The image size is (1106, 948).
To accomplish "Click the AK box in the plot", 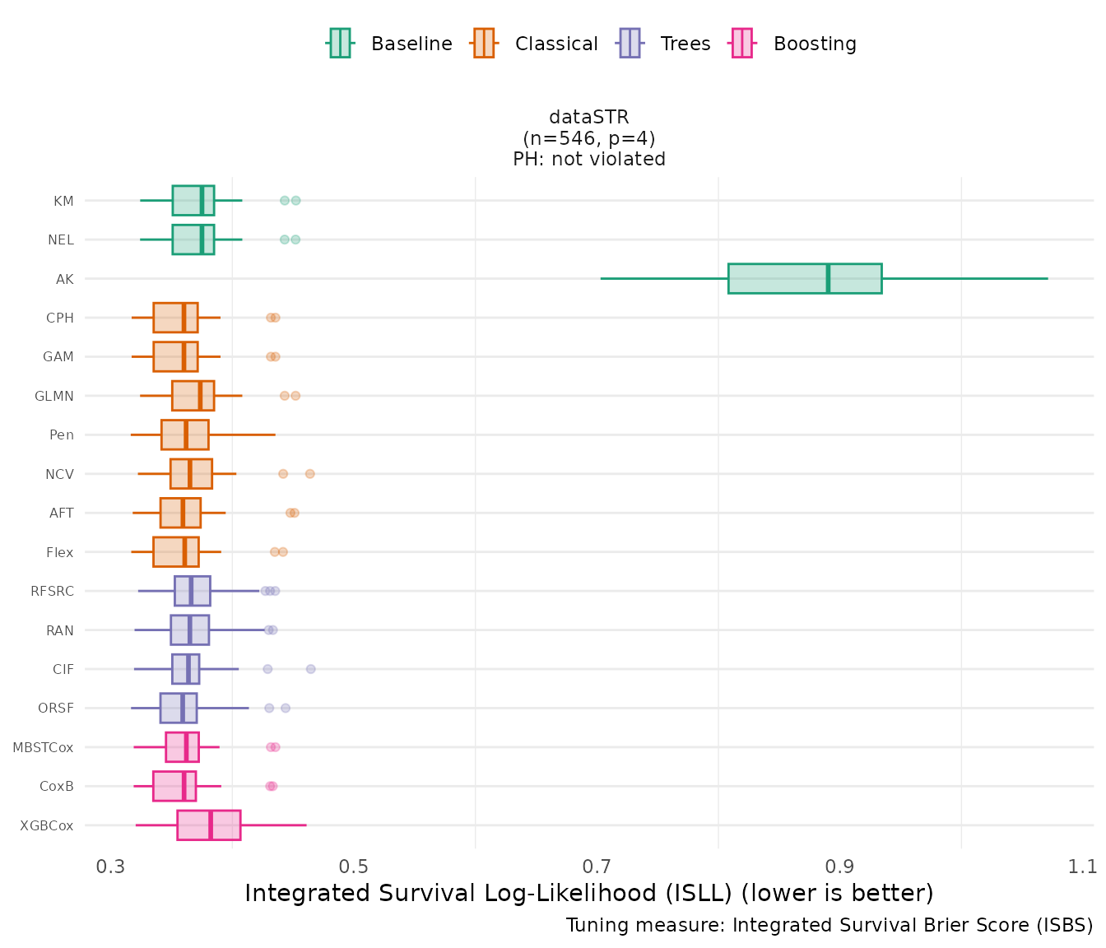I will tap(804, 278).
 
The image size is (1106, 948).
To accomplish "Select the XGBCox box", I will tap(208, 825).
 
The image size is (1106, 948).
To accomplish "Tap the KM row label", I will tap(63, 201).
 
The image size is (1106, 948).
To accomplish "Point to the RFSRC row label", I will tap(52, 591).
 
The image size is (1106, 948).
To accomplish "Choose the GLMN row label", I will tap(54, 396).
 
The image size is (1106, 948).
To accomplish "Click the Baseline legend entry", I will tap(391, 44).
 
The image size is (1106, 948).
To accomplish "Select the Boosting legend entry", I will tap(794, 44).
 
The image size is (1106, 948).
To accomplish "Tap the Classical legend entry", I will tap(536, 44).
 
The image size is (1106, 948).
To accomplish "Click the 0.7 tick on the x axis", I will tap(597, 867).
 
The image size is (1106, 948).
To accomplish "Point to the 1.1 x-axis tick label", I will tap(1083, 867).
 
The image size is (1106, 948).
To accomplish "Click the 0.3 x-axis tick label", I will tap(111, 867).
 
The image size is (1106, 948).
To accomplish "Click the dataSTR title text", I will tap(589, 118).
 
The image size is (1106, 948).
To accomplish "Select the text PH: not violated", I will tap(589, 159).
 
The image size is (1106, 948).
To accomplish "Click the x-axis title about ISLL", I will tap(589, 893).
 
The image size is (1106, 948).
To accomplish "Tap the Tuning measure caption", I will tap(829, 925).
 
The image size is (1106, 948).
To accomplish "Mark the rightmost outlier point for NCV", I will tap(309, 474).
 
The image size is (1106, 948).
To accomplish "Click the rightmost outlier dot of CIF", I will tap(310, 669).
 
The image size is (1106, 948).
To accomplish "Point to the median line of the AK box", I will tap(828, 278).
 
